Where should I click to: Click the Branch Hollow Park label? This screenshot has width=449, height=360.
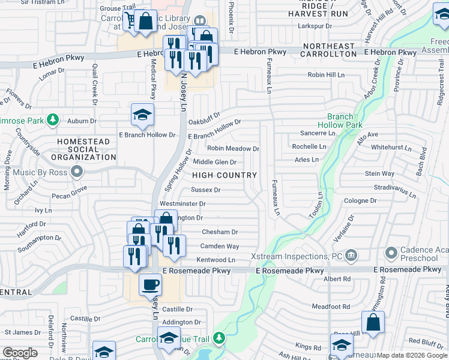pos(345,121)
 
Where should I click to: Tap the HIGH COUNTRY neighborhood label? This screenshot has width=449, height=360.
pos(224,175)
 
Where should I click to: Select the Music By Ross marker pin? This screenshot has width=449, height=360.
pos(77,173)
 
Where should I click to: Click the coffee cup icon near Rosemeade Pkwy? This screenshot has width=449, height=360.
pos(150,284)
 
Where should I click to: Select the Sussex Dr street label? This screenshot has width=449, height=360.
pos(205,190)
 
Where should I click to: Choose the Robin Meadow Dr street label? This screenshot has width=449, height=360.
pos(233,148)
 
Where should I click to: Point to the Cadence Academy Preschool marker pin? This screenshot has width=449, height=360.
pos(391,252)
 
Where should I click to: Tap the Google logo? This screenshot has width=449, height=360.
pos(20,353)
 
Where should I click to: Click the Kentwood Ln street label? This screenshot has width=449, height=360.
pos(215,260)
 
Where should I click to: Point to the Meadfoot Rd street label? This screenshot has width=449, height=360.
pos(327,307)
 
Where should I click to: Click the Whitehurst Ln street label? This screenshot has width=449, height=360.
pos(391,146)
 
